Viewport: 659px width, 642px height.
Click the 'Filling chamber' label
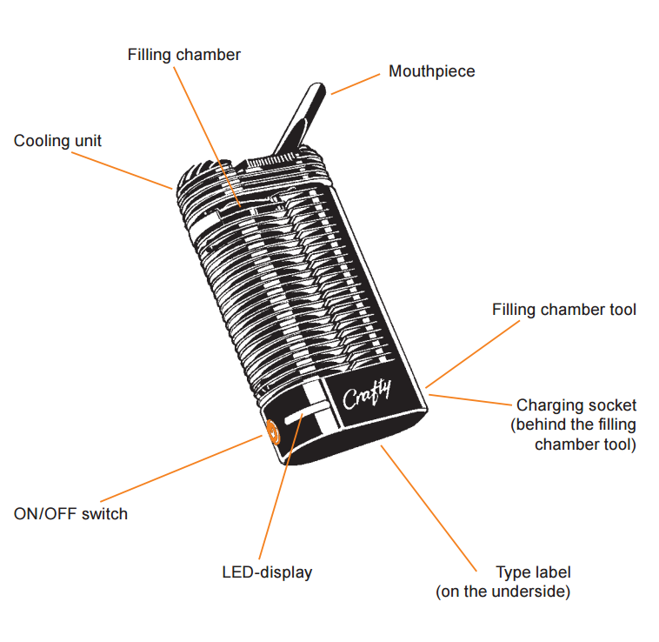[183, 55]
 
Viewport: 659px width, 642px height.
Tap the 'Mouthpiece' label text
[431, 71]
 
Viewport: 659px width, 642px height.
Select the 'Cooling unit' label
[57, 140]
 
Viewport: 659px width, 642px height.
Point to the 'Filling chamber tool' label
[563, 310]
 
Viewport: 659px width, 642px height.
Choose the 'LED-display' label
[267, 572]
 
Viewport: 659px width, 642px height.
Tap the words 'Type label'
[533, 572]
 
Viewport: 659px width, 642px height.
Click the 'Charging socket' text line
[576, 405]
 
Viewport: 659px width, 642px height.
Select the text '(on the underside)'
[503, 592]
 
